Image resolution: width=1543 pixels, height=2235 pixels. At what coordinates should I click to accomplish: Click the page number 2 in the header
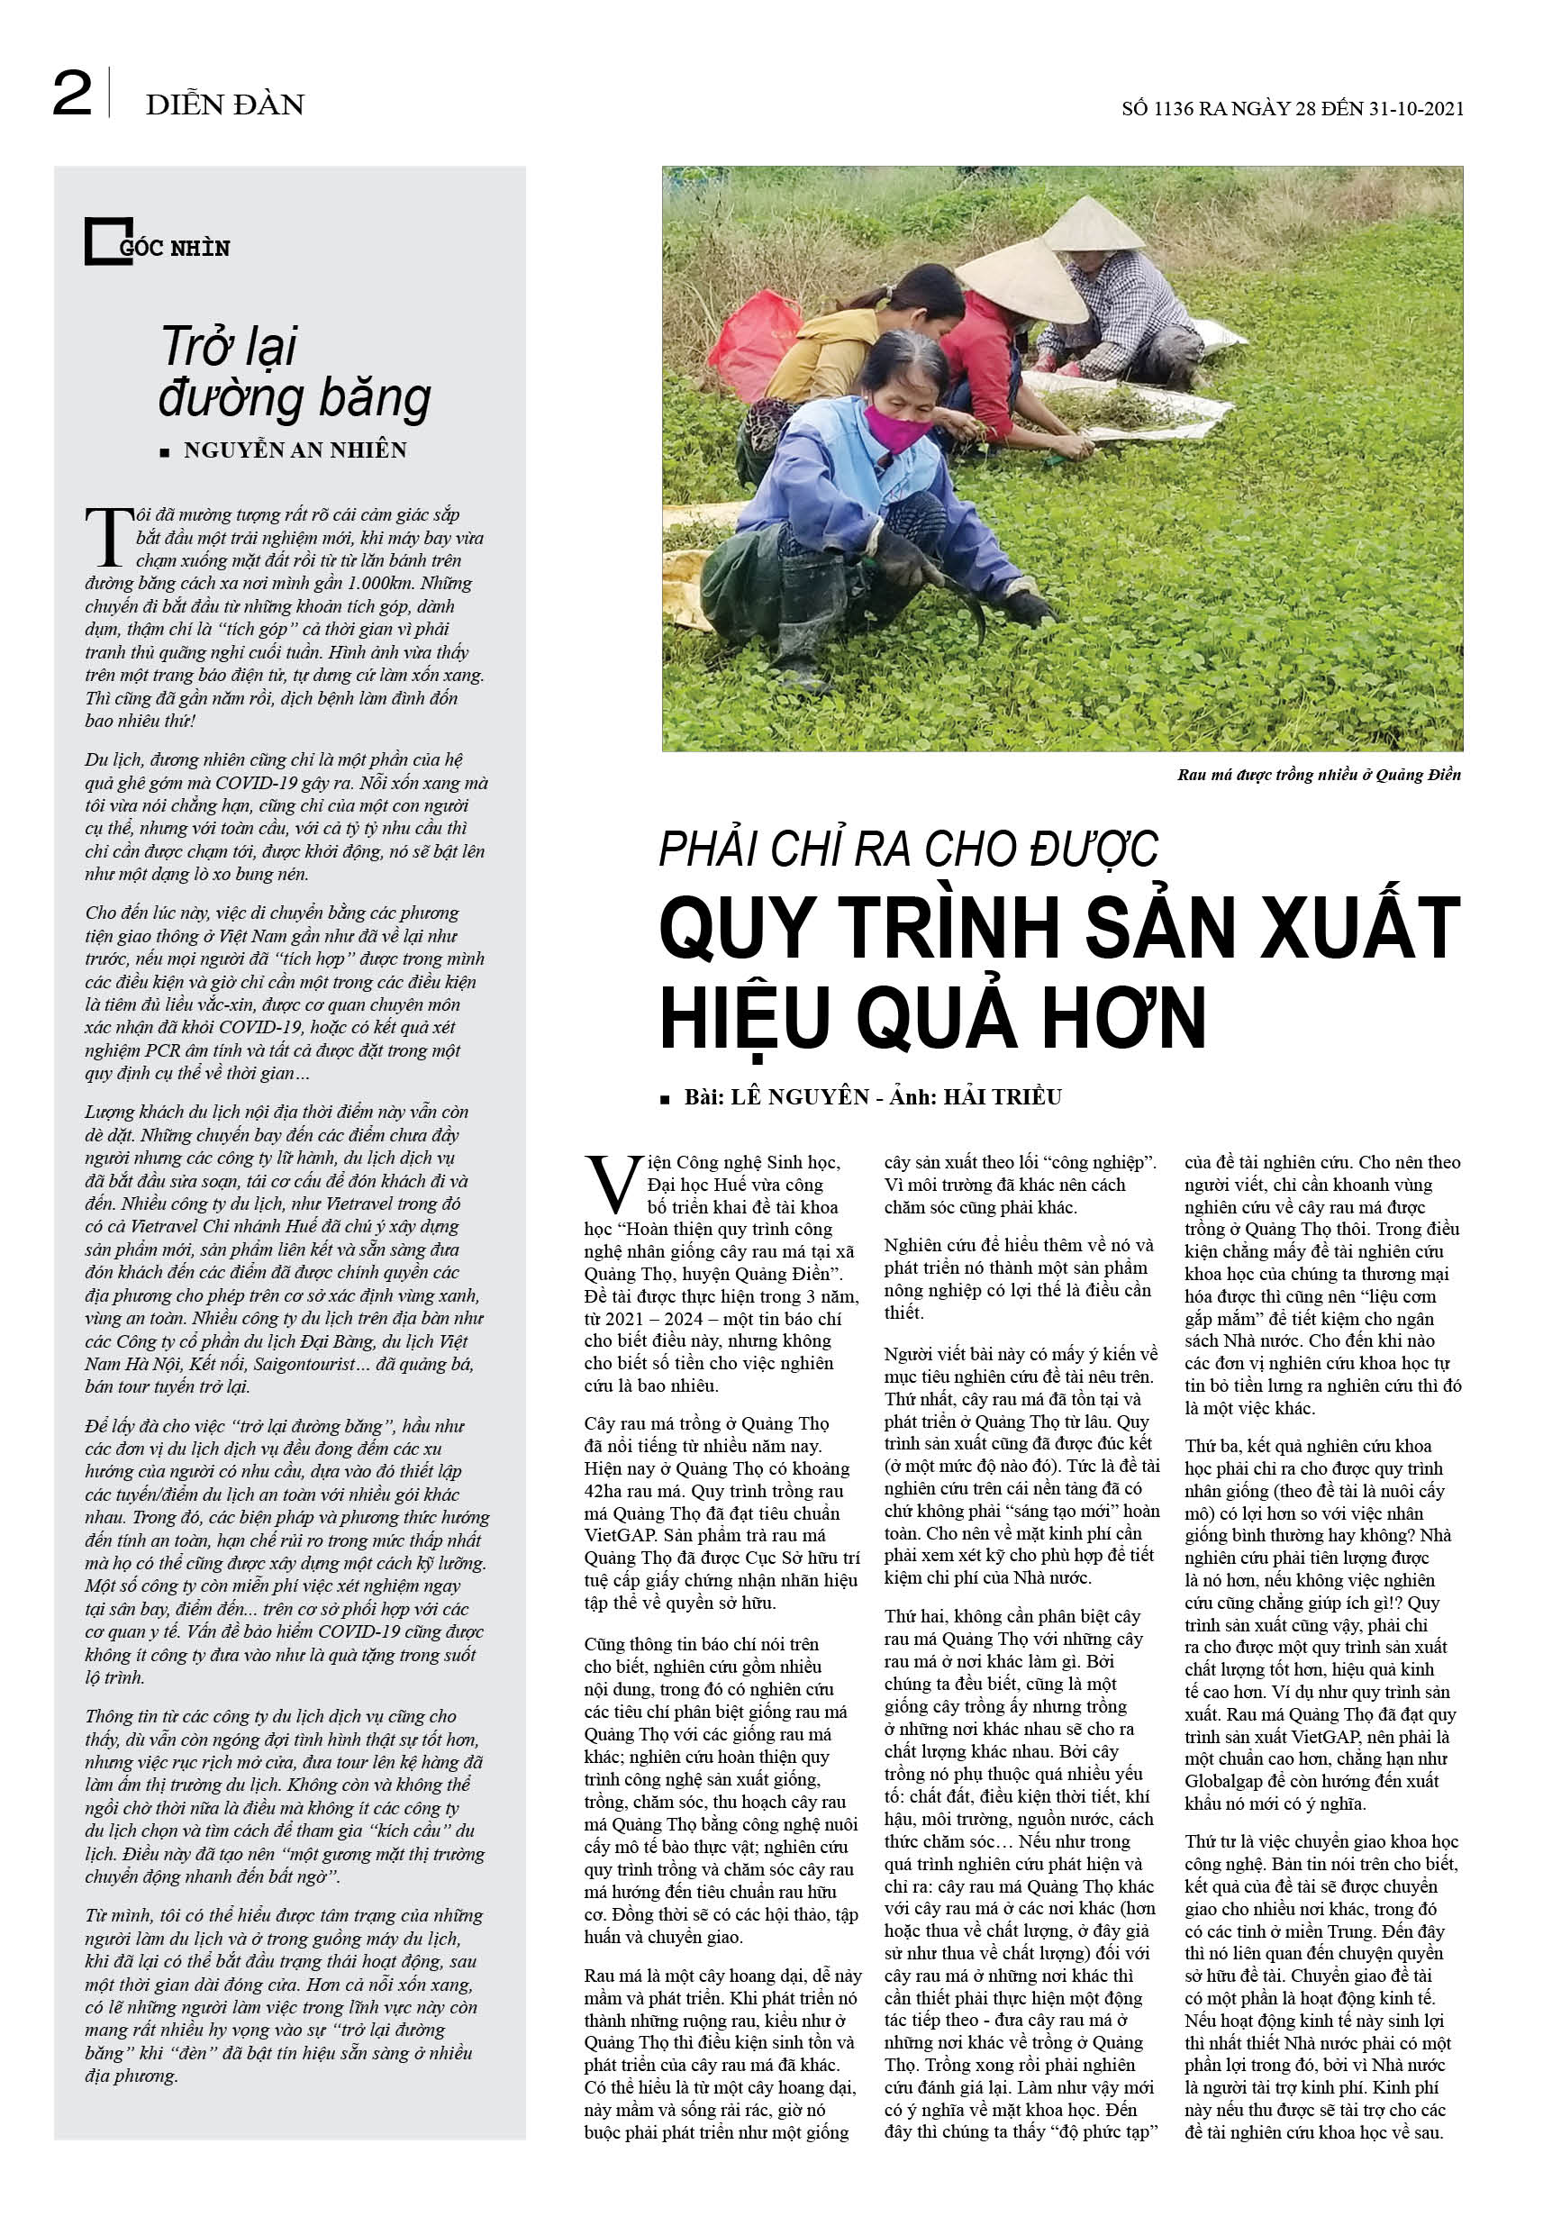coord(72,94)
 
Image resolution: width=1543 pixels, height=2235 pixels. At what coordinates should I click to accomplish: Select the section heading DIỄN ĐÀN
coord(224,104)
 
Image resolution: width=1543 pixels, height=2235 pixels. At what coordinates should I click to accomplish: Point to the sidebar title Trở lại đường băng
coord(294,372)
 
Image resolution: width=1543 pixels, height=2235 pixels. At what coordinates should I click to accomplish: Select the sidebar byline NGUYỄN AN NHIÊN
coord(295,450)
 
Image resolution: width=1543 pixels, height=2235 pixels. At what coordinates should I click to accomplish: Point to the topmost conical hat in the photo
coord(1093,225)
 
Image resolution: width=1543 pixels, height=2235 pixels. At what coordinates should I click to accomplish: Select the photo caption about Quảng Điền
coord(1319,775)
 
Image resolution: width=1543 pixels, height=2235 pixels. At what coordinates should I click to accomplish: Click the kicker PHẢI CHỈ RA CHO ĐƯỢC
coord(908,849)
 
